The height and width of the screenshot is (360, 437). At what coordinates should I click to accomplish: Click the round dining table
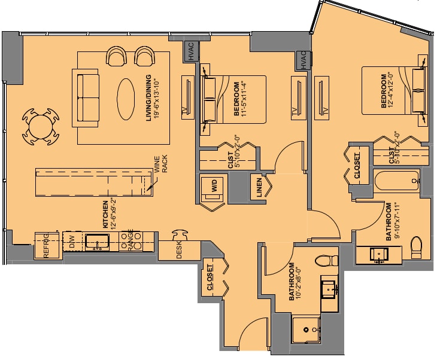click(41, 127)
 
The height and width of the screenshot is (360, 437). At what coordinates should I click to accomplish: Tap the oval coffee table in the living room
click(126, 99)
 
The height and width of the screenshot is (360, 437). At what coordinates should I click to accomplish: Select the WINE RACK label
click(160, 164)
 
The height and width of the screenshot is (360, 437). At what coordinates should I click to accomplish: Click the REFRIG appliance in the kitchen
click(47, 246)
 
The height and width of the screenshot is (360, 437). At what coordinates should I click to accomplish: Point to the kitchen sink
click(97, 242)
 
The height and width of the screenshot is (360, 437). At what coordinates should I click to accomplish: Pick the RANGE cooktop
click(131, 241)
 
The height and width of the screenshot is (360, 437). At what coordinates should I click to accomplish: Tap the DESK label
click(179, 249)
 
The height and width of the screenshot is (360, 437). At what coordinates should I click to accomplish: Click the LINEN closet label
click(259, 188)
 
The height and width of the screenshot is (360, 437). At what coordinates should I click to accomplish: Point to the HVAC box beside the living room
click(191, 51)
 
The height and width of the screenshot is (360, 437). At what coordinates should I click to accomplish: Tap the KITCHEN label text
click(105, 214)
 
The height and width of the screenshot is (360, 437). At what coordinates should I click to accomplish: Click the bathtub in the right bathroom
click(397, 181)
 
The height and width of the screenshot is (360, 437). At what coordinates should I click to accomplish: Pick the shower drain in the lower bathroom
click(306, 330)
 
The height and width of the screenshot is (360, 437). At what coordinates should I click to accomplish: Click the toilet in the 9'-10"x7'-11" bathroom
click(417, 247)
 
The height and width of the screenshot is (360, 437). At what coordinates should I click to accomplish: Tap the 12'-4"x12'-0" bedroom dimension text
click(390, 90)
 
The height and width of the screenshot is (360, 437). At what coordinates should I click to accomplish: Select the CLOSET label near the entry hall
click(210, 277)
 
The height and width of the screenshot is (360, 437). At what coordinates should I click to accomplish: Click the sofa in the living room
click(86, 97)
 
